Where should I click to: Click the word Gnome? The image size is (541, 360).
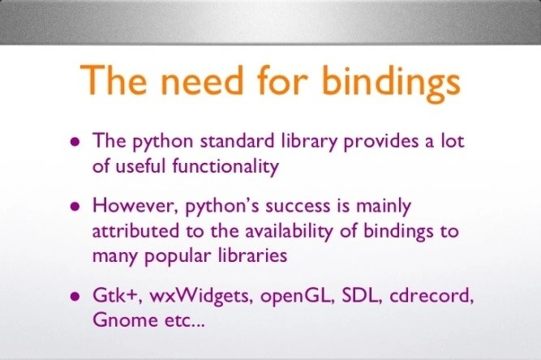pyautogui.click(x=118, y=320)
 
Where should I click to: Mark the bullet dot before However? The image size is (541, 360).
pyautogui.click(x=75, y=206)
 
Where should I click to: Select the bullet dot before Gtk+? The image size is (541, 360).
pyautogui.click(x=75, y=295)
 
